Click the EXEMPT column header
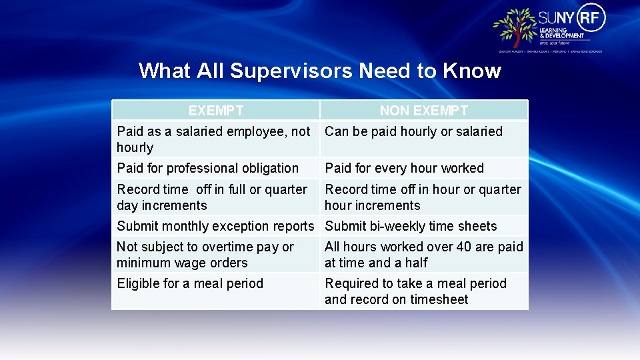coord(215,111)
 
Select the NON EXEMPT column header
coord(424,111)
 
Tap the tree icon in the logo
coord(515,27)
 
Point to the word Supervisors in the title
coord(291,71)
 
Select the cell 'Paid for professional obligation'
coord(208,169)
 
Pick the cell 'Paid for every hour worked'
coord(404,169)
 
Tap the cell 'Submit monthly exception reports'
coord(215,227)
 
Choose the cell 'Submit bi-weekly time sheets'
coord(411,227)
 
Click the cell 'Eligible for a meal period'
coord(190,283)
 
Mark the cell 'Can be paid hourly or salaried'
coord(413,131)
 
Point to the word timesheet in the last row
coord(437,300)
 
